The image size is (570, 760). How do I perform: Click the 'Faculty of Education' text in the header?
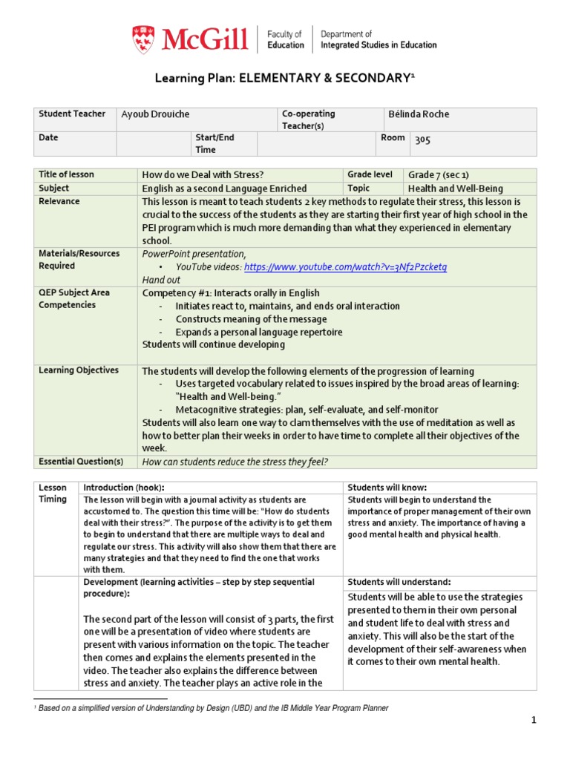point(285,39)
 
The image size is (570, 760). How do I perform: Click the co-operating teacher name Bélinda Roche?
point(419,114)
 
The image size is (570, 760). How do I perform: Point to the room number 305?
point(422,139)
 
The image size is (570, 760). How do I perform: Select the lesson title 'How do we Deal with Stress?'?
point(203,175)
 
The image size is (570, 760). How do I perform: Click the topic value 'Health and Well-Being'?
point(451,189)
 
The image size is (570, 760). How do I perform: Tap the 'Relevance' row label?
point(59,202)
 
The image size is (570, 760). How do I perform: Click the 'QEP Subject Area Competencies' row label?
point(73,298)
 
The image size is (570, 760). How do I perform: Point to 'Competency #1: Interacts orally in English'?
point(231,293)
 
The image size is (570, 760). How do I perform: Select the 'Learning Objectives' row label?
point(78,370)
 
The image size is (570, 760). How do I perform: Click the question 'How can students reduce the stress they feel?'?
point(235,462)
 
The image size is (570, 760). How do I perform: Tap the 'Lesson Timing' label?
point(53,494)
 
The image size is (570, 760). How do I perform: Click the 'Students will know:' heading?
point(387,488)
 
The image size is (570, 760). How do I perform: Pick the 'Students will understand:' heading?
point(399,582)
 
